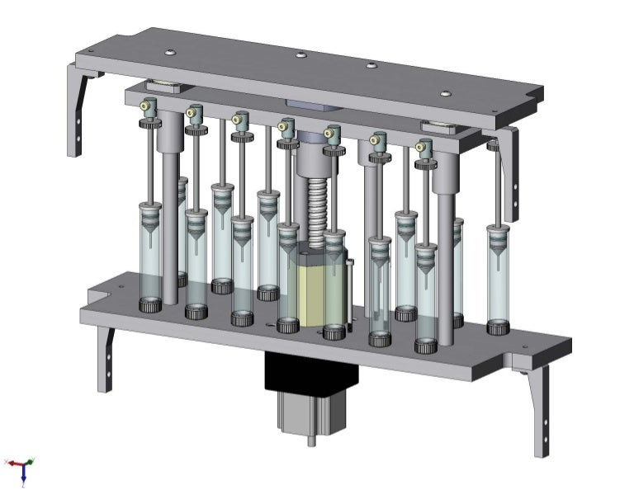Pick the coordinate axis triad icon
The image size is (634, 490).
[x=21, y=469]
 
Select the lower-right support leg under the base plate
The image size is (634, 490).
[x=541, y=408]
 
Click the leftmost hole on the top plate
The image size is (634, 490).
[x=168, y=53]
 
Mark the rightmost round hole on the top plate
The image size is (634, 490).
[x=446, y=93]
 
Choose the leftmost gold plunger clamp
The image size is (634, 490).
[x=149, y=105]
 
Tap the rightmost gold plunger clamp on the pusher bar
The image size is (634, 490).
[x=424, y=148]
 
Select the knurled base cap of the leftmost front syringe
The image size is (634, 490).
[x=149, y=306]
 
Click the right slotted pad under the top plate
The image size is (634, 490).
[x=438, y=126]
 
